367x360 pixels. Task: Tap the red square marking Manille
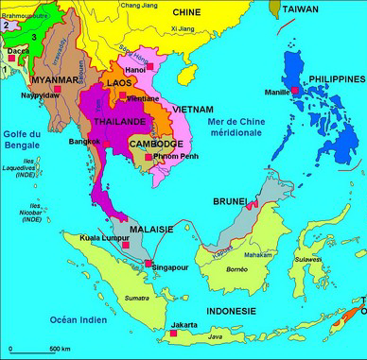click(295, 90)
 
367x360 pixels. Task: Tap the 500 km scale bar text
click(60, 350)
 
